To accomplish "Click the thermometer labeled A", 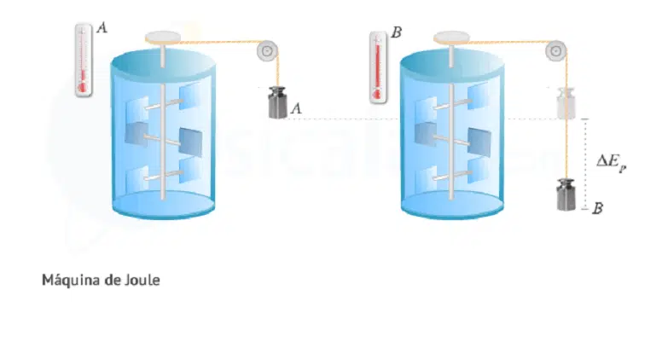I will [x=83, y=60].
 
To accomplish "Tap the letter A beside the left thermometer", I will [x=102, y=28].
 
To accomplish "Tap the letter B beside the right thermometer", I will [x=397, y=33].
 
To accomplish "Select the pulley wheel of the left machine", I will [x=267, y=51].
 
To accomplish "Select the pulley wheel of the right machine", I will [x=555, y=51].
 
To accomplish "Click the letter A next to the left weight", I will [x=297, y=108].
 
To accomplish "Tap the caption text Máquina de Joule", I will [x=100, y=279].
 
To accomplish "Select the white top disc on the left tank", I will [x=163, y=37].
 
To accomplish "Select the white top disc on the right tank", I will [x=451, y=37].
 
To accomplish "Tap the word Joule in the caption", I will [x=141, y=279].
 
